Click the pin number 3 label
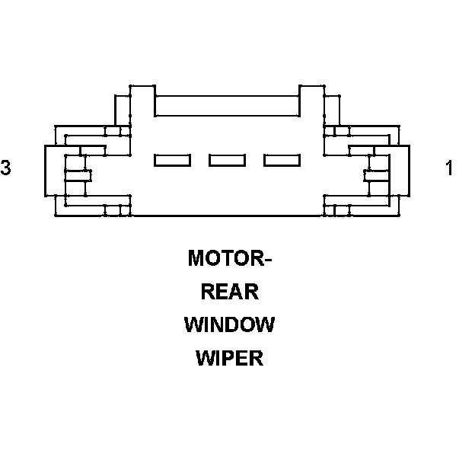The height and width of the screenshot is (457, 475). tap(6, 168)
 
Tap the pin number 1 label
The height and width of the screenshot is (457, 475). tap(449, 168)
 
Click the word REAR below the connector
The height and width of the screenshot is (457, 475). tap(229, 292)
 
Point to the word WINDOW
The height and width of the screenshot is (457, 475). tap(229, 325)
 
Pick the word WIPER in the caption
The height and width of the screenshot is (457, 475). tap(229, 358)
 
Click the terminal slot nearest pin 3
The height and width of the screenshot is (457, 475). tap(172, 160)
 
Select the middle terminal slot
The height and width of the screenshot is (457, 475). tap(227, 160)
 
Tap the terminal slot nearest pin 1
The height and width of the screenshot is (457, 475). tap(282, 160)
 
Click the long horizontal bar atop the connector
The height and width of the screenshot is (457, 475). tap(227, 106)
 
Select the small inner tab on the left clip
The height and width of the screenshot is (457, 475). tap(78, 175)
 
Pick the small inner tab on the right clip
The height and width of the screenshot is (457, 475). tap(377, 175)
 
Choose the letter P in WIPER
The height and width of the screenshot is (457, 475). tap(228, 358)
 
